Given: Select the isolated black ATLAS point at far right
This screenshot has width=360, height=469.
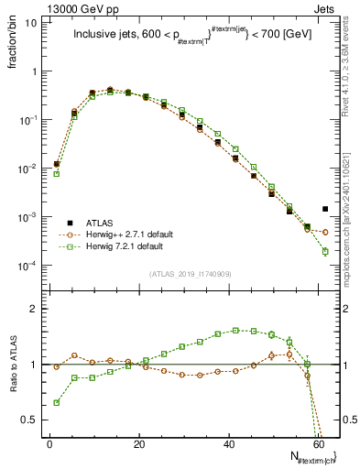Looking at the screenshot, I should [x=325, y=209].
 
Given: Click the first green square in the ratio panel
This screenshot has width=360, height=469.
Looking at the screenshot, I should [x=57, y=402].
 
